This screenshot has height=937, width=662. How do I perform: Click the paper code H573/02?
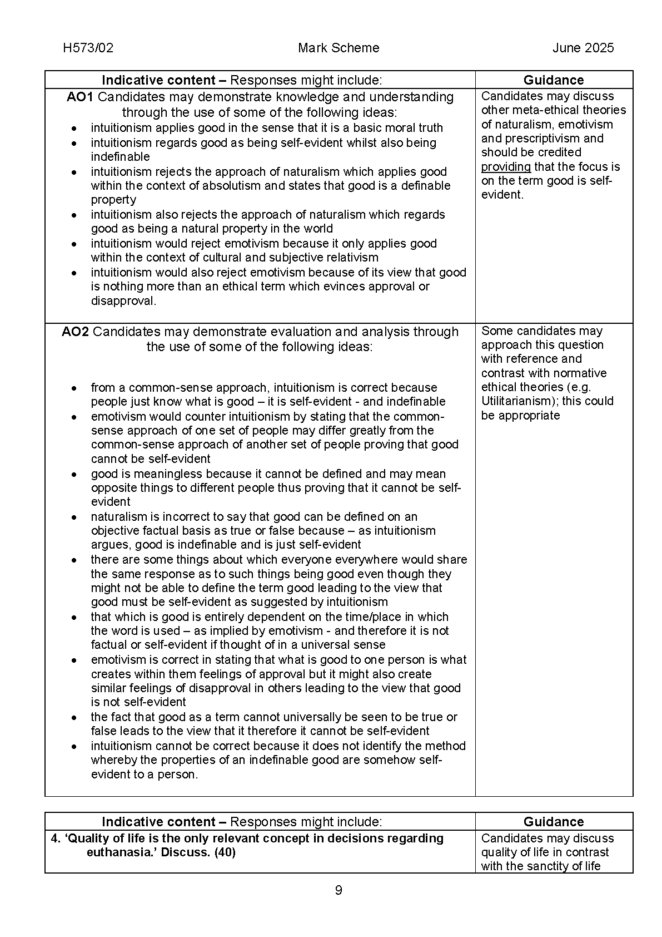pos(88,48)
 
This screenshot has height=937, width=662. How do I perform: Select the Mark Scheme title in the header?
pos(338,48)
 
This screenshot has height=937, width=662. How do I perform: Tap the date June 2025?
pos(583,48)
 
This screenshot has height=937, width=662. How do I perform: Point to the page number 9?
pos(339,890)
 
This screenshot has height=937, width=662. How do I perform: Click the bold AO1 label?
pos(80,97)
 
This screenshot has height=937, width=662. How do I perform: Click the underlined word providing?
pos(506,167)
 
